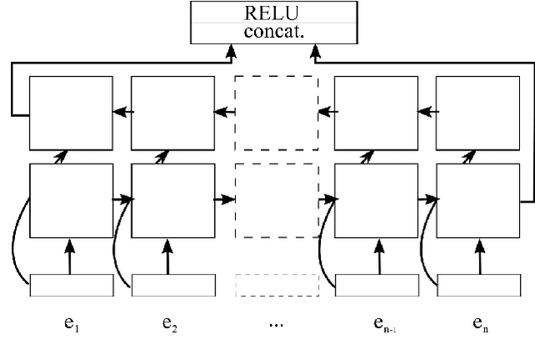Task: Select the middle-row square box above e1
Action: pyautogui.click(x=71, y=200)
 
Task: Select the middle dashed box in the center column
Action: pyautogui.click(x=276, y=200)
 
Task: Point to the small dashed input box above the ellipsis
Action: pyautogui.click(x=276, y=285)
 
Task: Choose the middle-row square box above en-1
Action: pyautogui.click(x=376, y=200)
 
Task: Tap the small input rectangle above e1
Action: pyautogui.click(x=71, y=285)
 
